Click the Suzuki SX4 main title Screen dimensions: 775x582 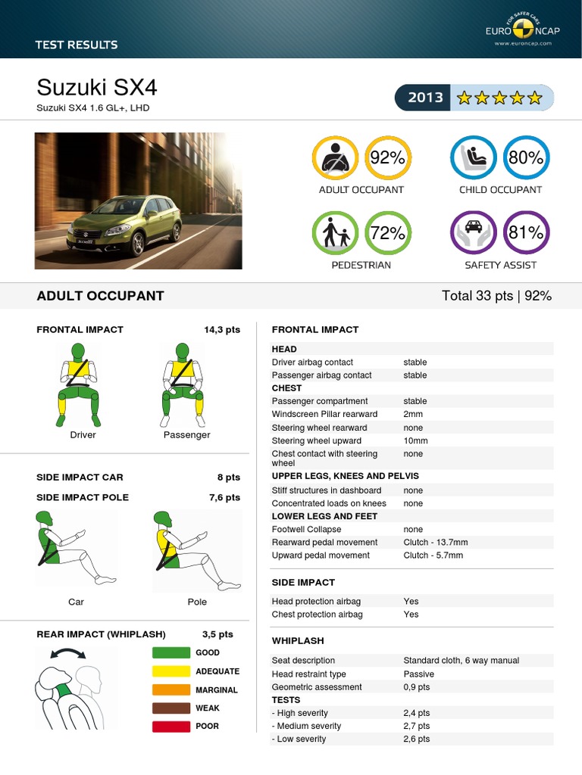tap(97, 88)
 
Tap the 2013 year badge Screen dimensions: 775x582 tap(425, 98)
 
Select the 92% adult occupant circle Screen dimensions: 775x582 tap(387, 158)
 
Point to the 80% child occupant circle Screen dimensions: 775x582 tap(526, 158)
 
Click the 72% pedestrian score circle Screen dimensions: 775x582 tap(387, 233)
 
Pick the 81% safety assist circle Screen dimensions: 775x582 tap(526, 233)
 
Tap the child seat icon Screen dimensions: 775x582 tap(474, 158)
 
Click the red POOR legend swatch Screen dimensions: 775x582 tap(171, 727)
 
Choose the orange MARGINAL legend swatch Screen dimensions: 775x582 tap(171, 689)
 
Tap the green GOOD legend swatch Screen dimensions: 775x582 tap(171, 652)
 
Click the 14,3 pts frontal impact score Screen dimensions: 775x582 tap(222, 330)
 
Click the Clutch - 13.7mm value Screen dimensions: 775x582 tap(436, 543)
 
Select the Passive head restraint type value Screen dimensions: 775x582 tap(419, 674)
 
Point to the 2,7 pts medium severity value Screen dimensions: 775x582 tap(417, 726)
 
